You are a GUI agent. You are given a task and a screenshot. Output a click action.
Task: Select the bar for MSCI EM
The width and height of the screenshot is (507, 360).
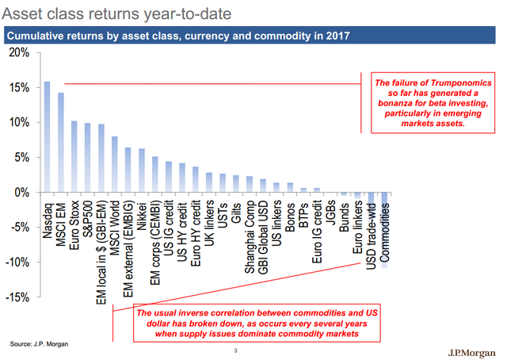click(61, 143)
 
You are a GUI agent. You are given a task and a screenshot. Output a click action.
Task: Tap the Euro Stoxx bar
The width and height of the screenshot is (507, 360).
click(74, 157)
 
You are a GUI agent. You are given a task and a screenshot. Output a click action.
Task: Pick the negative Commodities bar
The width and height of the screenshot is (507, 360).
click(386, 230)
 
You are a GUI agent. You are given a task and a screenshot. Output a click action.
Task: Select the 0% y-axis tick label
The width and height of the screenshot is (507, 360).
click(23, 192)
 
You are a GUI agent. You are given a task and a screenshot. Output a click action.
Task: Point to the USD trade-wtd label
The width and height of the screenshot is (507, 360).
click(372, 238)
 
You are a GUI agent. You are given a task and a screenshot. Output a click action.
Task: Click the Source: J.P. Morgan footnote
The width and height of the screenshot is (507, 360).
click(39, 344)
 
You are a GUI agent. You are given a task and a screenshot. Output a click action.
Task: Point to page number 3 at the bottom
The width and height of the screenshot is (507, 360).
click(235, 350)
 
